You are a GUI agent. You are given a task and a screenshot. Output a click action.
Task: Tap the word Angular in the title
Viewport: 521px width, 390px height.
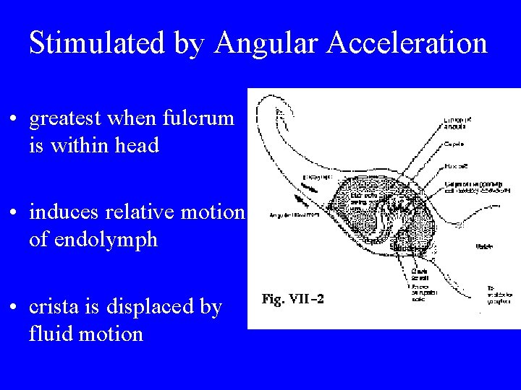[x=267, y=43]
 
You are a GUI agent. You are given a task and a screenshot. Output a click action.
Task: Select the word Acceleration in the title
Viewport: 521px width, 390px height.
[x=407, y=43]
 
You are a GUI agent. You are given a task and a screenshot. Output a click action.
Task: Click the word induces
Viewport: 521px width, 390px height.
[x=66, y=212]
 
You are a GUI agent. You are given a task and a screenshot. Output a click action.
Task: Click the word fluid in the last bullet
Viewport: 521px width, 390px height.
[x=48, y=334]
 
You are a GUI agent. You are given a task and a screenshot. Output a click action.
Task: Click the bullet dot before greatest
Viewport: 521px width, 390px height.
[x=14, y=119]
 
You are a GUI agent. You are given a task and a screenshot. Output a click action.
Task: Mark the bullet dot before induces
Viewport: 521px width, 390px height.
[x=14, y=213]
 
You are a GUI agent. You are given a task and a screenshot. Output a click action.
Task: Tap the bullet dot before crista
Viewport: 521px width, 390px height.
[x=14, y=307]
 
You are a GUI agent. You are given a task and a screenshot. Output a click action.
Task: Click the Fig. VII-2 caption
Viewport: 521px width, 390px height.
[x=292, y=299]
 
